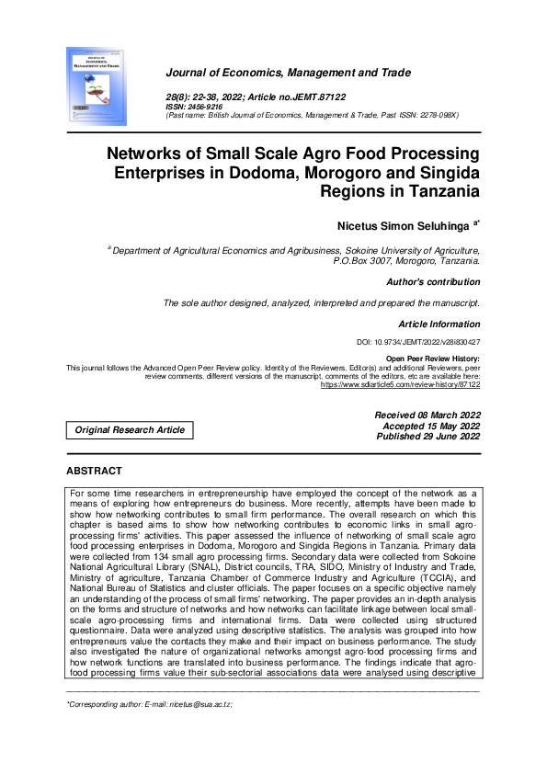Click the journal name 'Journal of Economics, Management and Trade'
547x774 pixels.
[x=288, y=73]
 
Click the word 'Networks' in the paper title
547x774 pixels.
[x=146, y=153]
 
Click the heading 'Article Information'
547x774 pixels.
[x=439, y=324]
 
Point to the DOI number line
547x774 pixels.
[x=417, y=342]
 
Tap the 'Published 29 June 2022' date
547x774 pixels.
[x=428, y=437]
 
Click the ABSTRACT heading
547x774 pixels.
[x=94, y=472]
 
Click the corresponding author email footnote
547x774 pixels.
[x=149, y=704]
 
